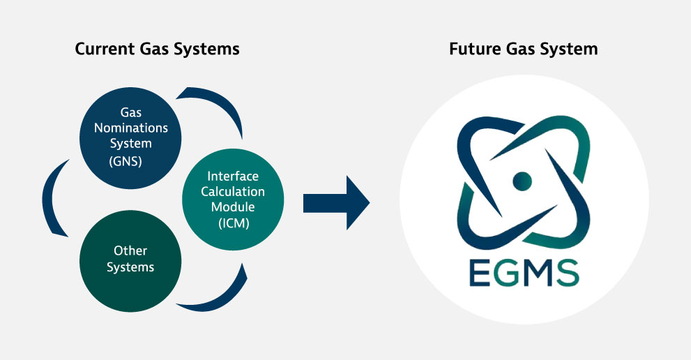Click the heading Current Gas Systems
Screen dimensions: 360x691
click(157, 49)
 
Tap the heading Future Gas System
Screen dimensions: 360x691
click(523, 49)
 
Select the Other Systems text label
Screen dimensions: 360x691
click(130, 258)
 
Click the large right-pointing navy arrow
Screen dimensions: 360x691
click(336, 204)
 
